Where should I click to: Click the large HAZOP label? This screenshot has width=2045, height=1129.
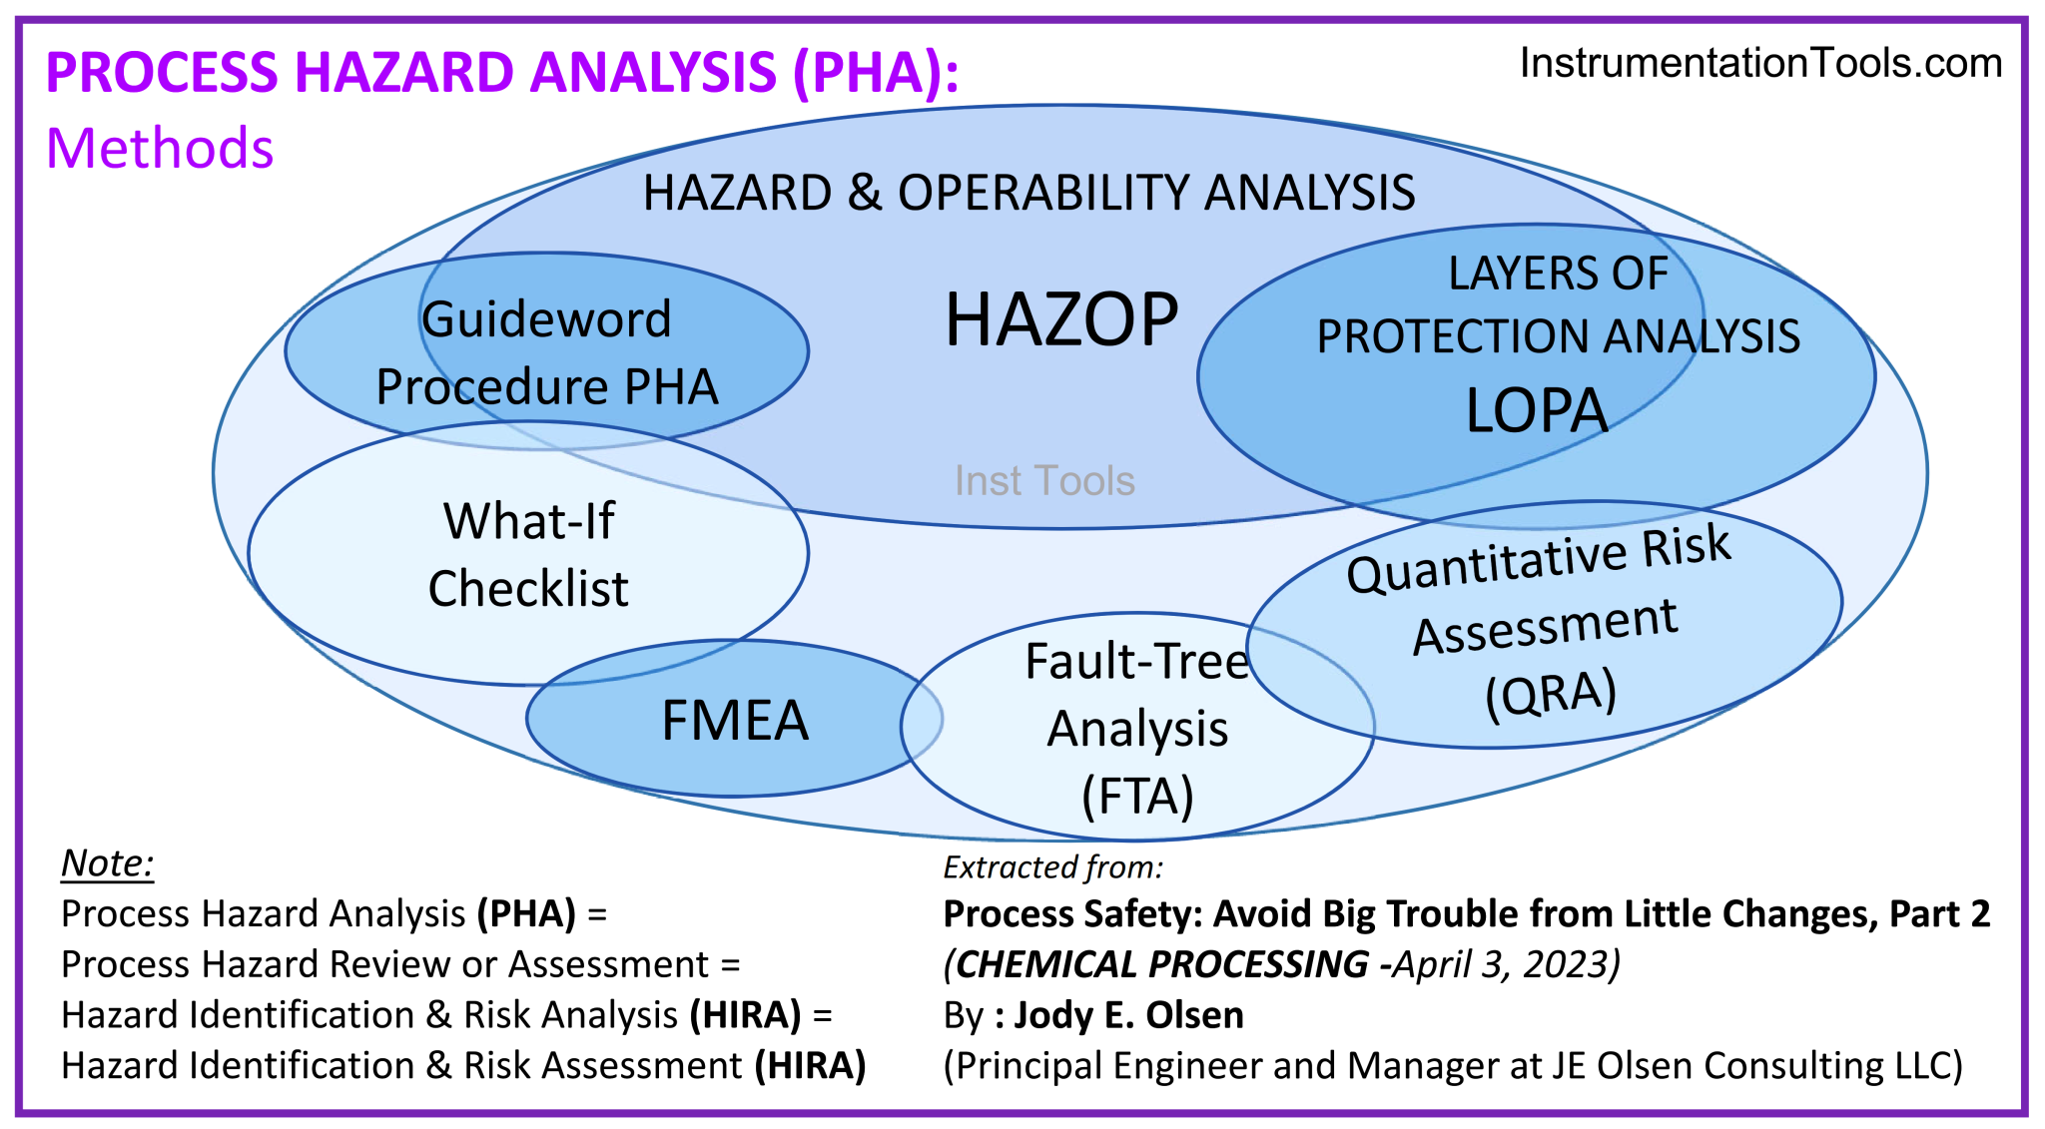1061,320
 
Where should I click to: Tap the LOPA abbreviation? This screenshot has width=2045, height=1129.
1536,410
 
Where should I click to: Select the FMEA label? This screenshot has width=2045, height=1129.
735,721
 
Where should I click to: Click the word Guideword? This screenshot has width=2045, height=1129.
546,319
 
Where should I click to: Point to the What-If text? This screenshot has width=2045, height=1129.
529,521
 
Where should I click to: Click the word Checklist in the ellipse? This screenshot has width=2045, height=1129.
528,588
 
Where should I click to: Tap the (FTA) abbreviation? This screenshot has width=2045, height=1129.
1137,796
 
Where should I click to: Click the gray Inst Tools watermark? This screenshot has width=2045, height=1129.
1044,481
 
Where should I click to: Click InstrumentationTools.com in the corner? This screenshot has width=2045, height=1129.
1760,63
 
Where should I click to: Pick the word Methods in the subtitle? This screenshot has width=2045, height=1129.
160,149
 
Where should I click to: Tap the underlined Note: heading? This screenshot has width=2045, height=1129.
108,862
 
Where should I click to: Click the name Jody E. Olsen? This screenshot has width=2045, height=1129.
1128,1015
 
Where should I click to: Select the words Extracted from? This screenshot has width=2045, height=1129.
1053,867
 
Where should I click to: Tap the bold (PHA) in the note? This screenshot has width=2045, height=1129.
526,913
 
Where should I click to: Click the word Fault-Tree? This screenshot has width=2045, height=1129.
1136,661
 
